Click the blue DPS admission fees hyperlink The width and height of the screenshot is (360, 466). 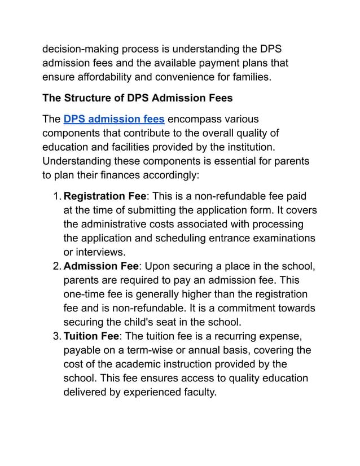coord(114,119)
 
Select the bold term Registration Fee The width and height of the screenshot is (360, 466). coord(105,196)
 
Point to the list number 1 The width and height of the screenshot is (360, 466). coord(56,196)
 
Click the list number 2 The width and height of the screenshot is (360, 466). coord(56,266)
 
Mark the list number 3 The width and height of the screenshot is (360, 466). coord(56,336)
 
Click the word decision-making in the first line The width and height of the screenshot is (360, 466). coord(81,49)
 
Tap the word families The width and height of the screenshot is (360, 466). coord(251,76)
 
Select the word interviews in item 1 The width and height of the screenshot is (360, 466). coord(98,252)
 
